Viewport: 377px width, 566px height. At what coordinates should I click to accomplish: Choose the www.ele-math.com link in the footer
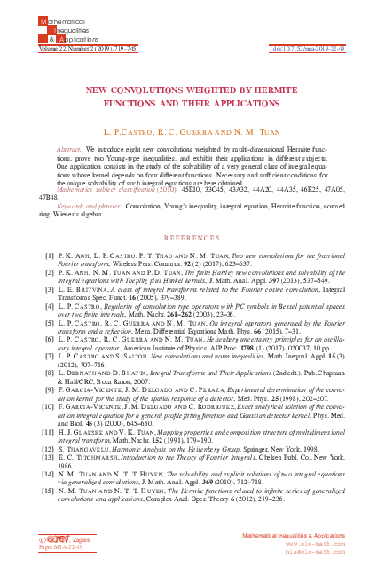coord(332,546)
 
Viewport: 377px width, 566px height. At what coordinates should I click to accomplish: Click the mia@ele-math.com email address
coord(332,554)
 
